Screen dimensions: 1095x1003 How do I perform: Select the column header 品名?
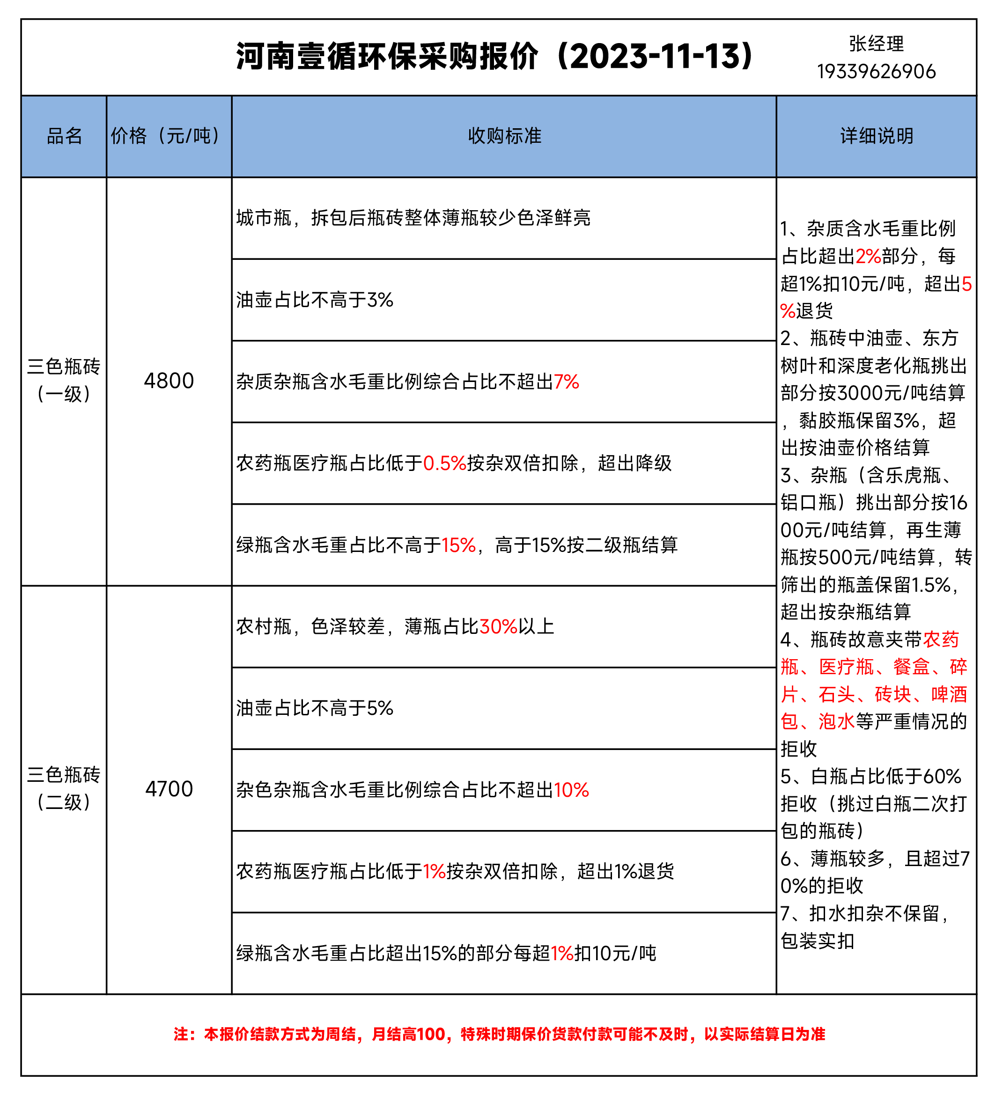pyautogui.click(x=64, y=136)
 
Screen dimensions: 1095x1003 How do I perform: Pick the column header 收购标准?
pyautogui.click(x=504, y=136)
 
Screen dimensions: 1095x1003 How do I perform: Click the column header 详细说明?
pyautogui.click(x=877, y=136)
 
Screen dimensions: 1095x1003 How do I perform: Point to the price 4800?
pyautogui.click(x=169, y=381)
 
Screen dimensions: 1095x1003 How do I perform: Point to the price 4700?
pyautogui.click(x=169, y=789)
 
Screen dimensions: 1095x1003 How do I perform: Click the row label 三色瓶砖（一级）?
pyautogui.click(x=64, y=380)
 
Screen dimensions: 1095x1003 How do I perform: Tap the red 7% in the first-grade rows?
pyautogui.click(x=566, y=382)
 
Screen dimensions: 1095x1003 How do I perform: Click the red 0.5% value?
pyautogui.click(x=444, y=463)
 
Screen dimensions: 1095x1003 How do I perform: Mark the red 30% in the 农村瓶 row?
pyautogui.click(x=498, y=627)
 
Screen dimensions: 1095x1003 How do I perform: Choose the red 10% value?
pyautogui.click(x=571, y=790)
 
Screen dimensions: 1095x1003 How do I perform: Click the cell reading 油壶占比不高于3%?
pyautogui.click(x=315, y=300)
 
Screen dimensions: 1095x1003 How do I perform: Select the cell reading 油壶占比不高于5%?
pyautogui.click(x=315, y=708)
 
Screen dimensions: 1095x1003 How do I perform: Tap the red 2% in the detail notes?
pyautogui.click(x=868, y=257)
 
